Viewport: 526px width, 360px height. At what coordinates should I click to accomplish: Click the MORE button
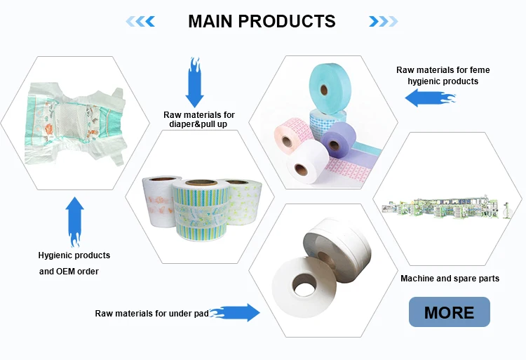(x=449, y=312)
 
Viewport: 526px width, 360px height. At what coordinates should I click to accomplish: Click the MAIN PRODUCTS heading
(x=262, y=21)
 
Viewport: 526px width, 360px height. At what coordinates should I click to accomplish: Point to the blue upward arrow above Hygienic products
(x=74, y=220)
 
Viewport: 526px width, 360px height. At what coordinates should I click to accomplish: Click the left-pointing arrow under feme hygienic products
(x=429, y=98)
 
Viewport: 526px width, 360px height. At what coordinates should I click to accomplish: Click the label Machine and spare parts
(x=450, y=279)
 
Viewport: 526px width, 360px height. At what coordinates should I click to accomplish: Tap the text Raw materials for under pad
(x=151, y=314)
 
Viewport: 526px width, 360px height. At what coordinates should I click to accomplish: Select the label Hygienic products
(x=74, y=255)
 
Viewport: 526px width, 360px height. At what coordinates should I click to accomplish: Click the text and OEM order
(x=69, y=271)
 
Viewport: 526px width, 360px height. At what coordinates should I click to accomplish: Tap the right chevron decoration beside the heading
(x=384, y=22)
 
